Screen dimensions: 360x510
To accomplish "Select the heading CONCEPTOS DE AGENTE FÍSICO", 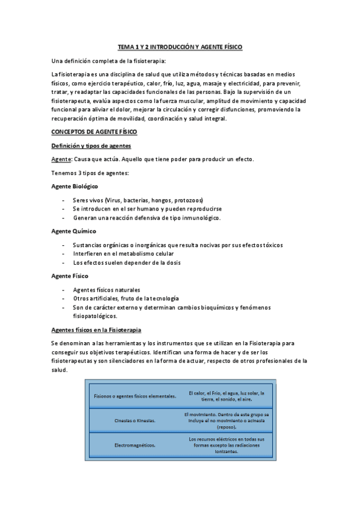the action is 94,131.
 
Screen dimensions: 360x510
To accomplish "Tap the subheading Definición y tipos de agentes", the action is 91,146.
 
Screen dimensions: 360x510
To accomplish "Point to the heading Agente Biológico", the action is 75,186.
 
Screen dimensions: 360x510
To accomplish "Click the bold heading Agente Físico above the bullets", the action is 70,275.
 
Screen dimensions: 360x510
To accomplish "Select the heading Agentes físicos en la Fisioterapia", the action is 96,330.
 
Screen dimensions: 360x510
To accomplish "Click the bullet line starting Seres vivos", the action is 138,200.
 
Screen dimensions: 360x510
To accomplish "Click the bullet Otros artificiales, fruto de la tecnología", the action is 126,298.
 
